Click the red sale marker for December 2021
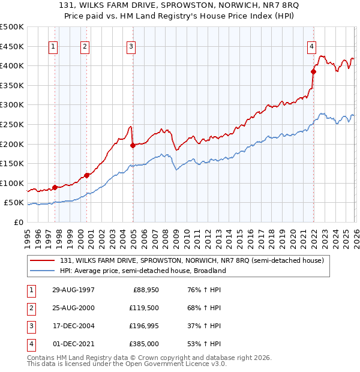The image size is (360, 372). (x=313, y=71)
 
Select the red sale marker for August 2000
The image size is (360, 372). (x=86, y=175)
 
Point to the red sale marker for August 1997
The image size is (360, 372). (x=55, y=187)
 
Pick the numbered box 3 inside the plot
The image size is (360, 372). (x=131, y=46)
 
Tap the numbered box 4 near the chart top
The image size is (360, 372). (x=312, y=46)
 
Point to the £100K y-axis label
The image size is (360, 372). (x=12, y=184)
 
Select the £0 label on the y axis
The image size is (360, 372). (x=18, y=223)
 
